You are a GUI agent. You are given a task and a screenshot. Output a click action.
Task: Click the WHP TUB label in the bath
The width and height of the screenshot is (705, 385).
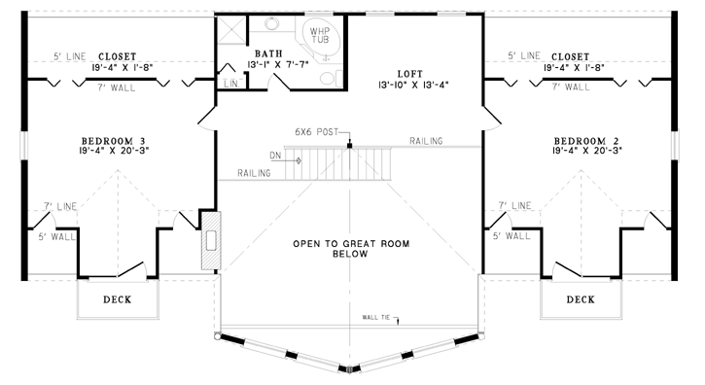point(320,35)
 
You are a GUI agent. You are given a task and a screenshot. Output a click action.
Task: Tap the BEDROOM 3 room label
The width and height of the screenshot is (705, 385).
point(114,141)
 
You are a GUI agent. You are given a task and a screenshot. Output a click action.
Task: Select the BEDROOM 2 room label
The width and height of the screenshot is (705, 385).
point(586,141)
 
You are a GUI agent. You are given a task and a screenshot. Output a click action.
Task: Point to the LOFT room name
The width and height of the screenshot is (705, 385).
point(410,74)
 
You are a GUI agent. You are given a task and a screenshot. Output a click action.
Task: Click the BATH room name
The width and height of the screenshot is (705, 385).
point(268,54)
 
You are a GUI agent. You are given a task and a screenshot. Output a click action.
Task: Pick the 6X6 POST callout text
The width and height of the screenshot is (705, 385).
point(317,132)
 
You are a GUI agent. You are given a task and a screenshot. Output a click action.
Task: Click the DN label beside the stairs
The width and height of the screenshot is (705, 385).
point(275,156)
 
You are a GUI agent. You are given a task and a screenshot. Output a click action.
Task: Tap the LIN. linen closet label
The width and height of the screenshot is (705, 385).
point(231,85)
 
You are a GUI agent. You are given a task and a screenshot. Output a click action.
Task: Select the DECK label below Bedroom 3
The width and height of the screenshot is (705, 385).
point(118,299)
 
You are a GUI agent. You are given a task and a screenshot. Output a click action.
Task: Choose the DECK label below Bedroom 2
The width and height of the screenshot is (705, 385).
point(581,299)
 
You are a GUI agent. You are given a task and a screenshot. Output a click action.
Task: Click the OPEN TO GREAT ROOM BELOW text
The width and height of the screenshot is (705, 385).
point(351,249)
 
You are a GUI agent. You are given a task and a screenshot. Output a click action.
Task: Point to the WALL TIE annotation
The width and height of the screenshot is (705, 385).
point(376,318)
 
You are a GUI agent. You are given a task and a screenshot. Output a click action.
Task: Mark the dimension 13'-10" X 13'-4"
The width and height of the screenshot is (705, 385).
point(413,85)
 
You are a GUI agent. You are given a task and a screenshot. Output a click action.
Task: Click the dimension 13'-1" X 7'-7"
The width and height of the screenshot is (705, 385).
point(278,64)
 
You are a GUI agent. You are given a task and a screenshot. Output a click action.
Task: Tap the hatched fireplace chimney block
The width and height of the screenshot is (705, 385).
point(211,241)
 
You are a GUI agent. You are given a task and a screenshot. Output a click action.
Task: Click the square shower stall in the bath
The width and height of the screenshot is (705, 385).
point(232,30)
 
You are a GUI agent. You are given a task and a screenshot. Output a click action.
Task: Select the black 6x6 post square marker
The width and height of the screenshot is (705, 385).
point(349,145)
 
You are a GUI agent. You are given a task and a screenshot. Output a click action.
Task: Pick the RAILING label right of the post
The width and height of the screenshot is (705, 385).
point(426,141)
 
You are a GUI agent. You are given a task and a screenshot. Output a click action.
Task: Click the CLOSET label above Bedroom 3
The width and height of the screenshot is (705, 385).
point(117,56)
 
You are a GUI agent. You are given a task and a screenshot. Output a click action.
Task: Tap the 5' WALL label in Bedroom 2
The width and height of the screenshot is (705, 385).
point(511,235)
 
